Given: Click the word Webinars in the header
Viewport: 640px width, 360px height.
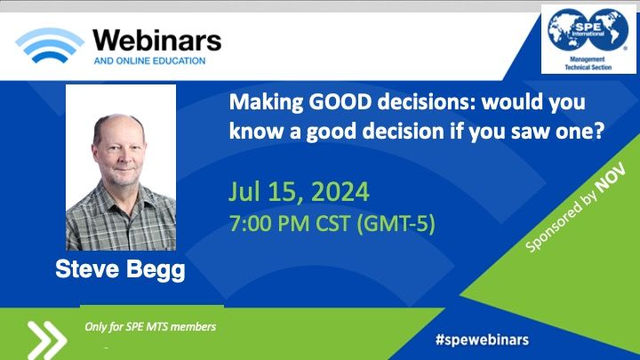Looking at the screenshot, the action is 157,41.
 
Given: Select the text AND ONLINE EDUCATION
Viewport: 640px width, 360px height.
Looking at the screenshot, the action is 149,60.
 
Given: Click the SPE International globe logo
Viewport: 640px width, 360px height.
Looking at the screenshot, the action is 588,30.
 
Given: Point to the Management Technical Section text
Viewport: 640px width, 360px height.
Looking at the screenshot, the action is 588,63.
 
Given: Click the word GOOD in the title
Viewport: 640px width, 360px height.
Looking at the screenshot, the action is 340,102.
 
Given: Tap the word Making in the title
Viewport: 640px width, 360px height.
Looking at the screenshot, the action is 266,103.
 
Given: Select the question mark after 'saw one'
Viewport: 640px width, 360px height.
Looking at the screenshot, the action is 600,131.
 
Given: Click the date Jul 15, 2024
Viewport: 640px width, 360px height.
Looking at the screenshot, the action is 299,192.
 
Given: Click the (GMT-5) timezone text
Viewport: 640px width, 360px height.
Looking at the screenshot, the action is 396,224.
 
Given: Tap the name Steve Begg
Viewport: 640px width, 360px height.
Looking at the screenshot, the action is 120,270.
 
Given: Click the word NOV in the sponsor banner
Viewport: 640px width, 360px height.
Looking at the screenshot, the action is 610,179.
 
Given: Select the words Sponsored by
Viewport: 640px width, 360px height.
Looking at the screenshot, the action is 560,221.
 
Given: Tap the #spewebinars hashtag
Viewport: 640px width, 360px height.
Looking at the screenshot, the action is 482,340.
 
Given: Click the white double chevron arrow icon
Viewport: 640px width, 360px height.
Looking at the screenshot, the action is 46,340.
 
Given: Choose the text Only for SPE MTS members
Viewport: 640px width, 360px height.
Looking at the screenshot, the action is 150,326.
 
